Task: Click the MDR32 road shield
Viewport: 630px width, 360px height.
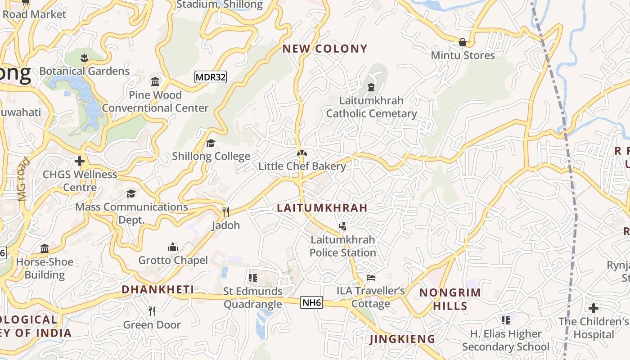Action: pyautogui.click(x=211, y=77)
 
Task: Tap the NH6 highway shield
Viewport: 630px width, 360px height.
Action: pyautogui.click(x=312, y=302)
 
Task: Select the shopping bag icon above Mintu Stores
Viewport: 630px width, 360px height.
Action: pyautogui.click(x=462, y=42)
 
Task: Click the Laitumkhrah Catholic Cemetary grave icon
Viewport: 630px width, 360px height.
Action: pyautogui.click(x=371, y=87)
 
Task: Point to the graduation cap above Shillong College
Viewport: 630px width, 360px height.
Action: pyautogui.click(x=211, y=143)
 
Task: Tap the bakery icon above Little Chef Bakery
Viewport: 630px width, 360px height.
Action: pyautogui.click(x=302, y=153)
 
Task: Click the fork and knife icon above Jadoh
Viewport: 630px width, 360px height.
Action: pyautogui.click(x=225, y=212)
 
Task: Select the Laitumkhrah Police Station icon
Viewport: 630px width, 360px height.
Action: pyautogui.click(x=342, y=226)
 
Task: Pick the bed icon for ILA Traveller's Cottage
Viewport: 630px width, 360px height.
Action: pyautogui.click(x=370, y=277)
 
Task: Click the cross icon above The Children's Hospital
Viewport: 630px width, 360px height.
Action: pyautogui.click(x=594, y=308)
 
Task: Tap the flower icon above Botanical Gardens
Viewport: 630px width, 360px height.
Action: pyautogui.click(x=84, y=58)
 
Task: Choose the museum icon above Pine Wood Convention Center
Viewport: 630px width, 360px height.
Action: pyautogui.click(x=155, y=81)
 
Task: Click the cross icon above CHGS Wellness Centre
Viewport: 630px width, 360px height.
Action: pyautogui.click(x=80, y=161)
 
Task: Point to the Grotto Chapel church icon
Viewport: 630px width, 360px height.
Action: pyautogui.click(x=172, y=247)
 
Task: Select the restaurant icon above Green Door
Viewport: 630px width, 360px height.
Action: pyautogui.click(x=152, y=311)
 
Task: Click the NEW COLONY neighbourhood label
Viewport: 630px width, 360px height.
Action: pyautogui.click(x=325, y=49)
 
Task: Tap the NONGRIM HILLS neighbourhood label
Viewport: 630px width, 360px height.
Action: pyautogui.click(x=450, y=299)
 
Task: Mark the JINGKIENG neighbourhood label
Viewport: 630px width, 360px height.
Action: pyautogui.click(x=402, y=339)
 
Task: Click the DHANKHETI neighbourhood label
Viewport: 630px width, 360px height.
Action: pyautogui.click(x=157, y=289)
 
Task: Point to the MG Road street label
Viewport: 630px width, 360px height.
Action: pyautogui.click(x=23, y=179)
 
